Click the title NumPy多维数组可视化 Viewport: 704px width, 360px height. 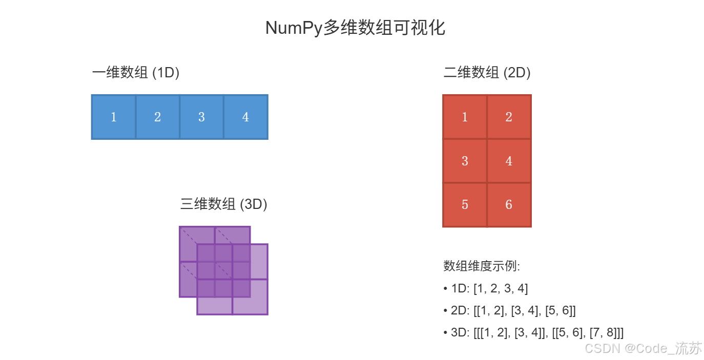[x=355, y=28]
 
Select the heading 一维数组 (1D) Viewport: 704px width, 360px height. [x=136, y=73]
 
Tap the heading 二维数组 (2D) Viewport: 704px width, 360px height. [x=487, y=73]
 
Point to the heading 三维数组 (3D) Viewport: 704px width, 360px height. [x=224, y=204]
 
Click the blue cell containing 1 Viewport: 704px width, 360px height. [x=114, y=117]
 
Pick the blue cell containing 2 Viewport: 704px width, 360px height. [x=158, y=117]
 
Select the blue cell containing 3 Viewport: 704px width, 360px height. [x=202, y=117]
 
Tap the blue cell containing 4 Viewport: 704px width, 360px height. [x=245, y=117]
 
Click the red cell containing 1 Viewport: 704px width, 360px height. [x=465, y=117]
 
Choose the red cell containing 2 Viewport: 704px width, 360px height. [x=509, y=117]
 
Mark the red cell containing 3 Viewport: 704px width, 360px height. [x=465, y=161]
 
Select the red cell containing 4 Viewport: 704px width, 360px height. [x=509, y=161]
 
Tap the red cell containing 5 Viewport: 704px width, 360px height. [x=465, y=205]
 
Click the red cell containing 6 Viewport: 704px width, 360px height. [x=509, y=205]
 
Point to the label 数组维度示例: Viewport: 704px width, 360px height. [x=482, y=266]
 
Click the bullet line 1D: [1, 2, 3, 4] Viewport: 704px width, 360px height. [x=486, y=288]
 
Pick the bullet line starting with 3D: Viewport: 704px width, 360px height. [x=533, y=332]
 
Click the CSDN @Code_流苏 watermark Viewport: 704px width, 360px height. [x=643, y=349]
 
